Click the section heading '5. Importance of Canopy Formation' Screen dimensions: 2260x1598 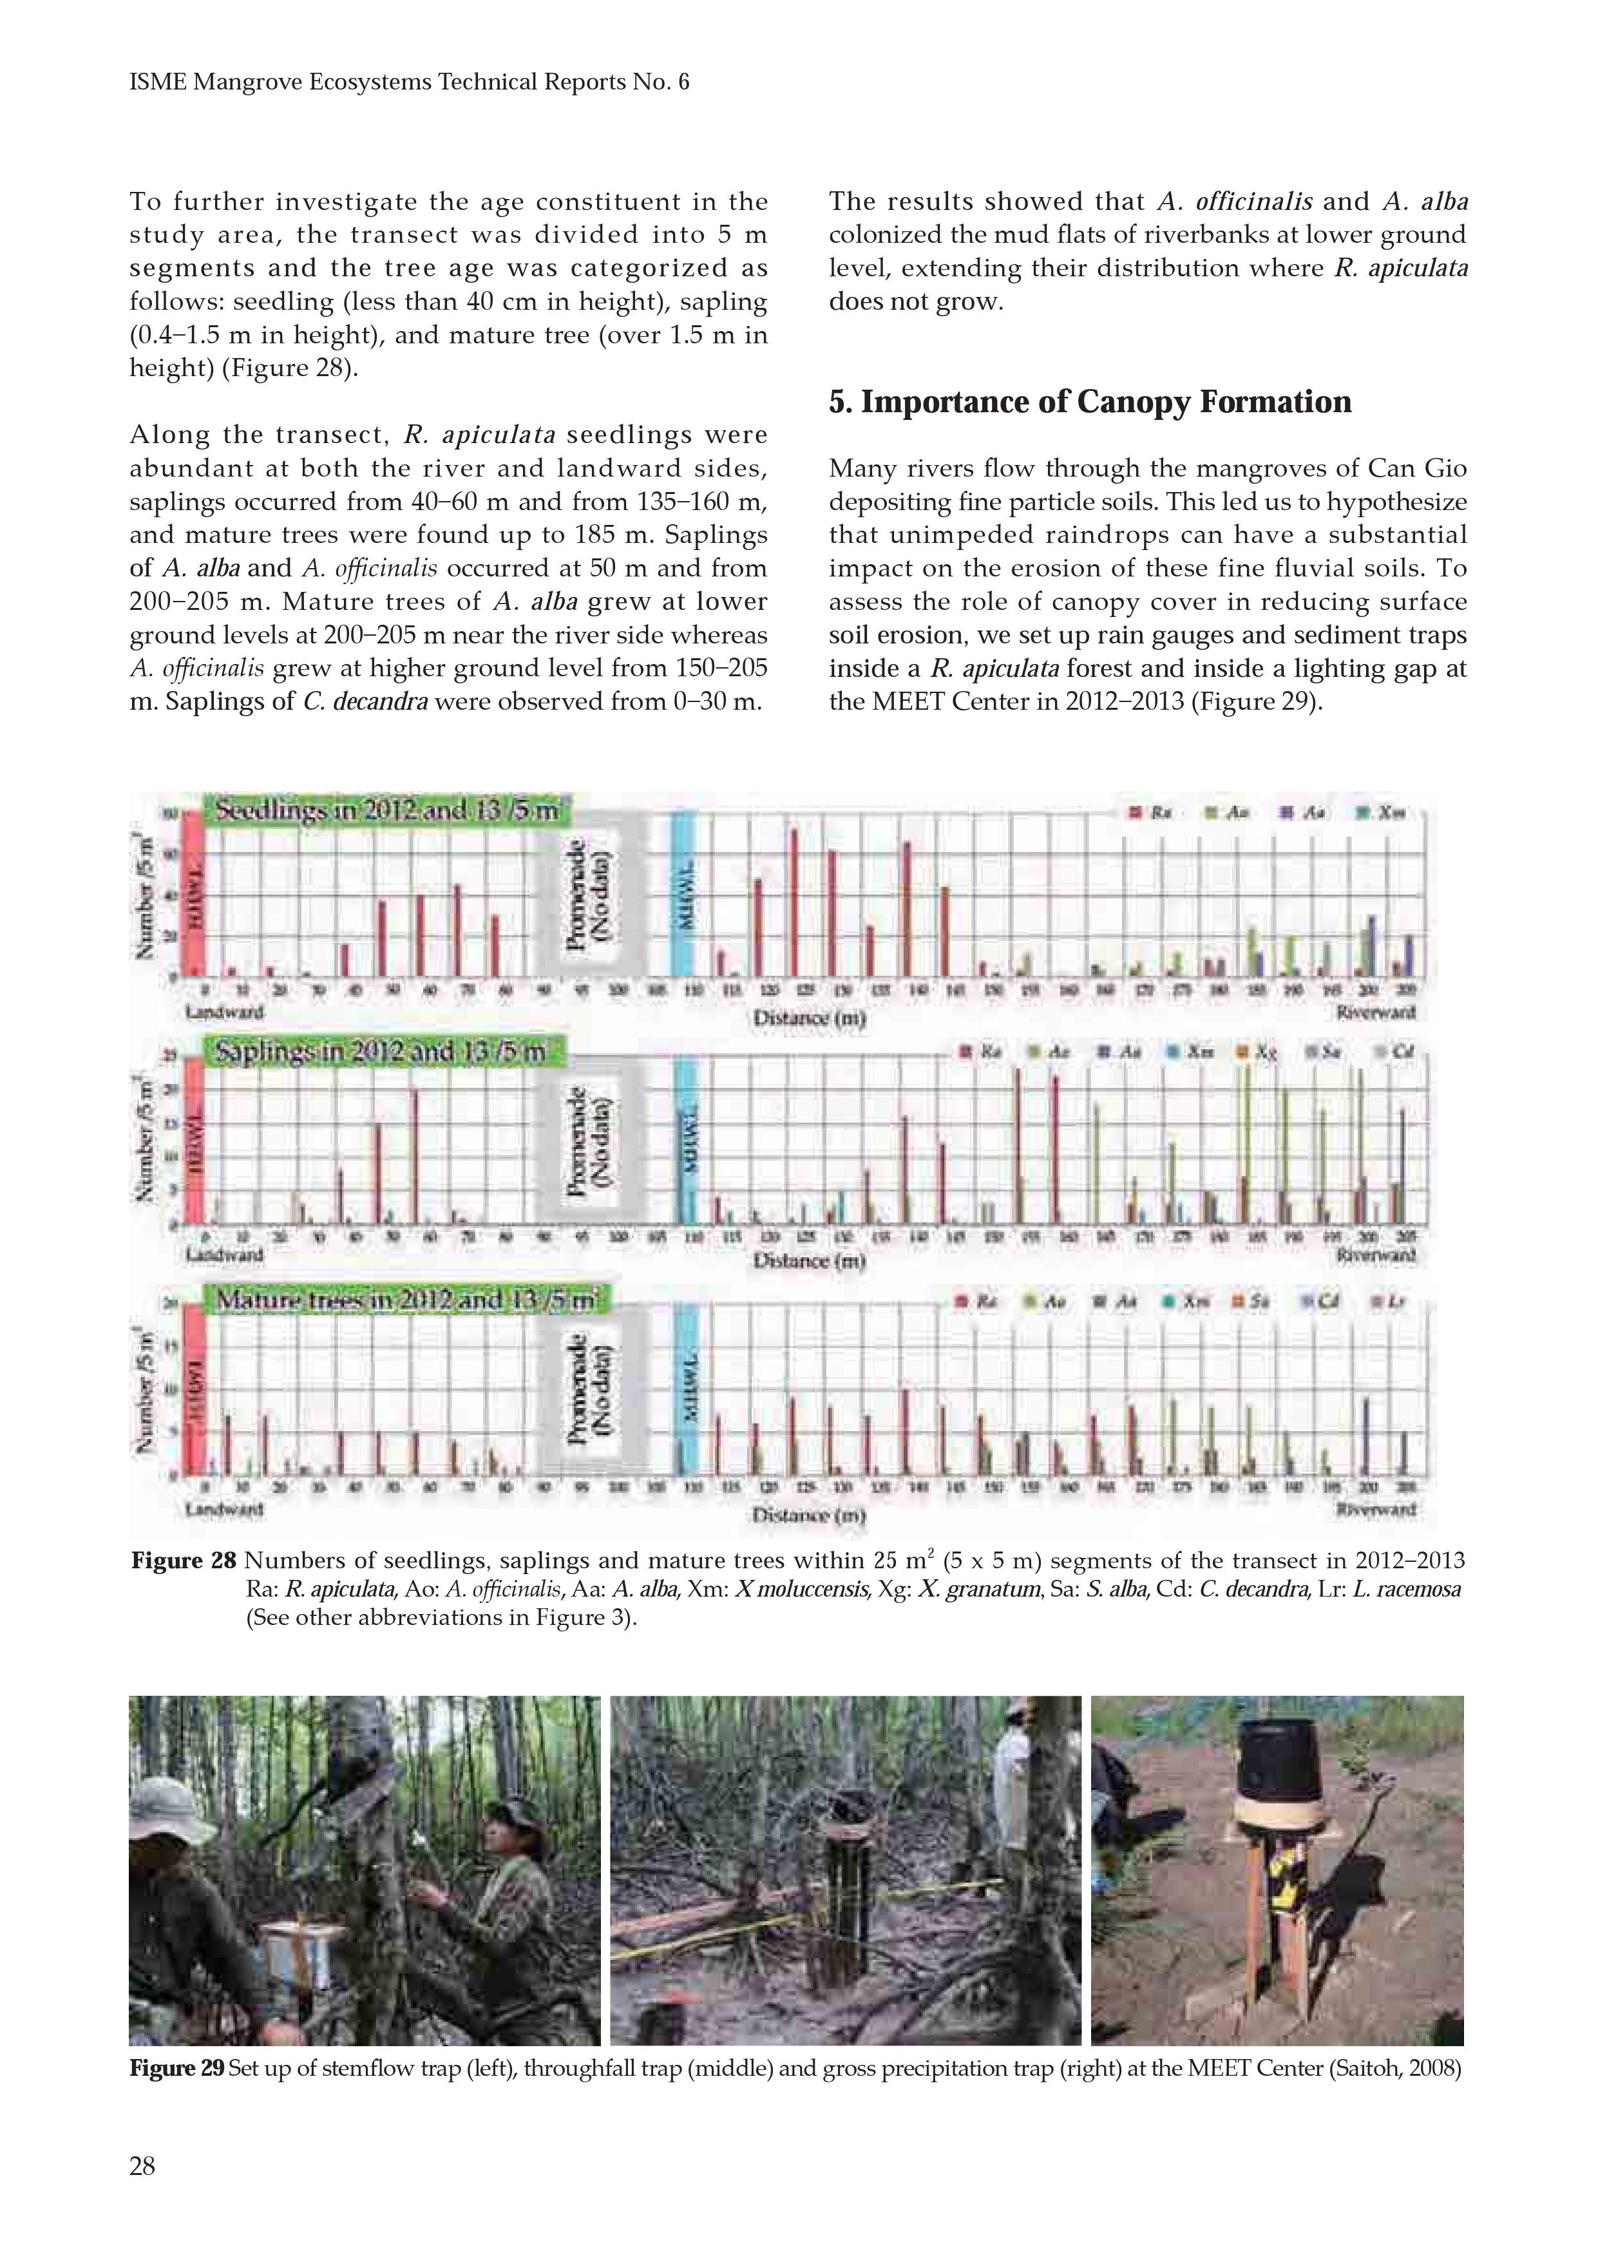(x=1090, y=402)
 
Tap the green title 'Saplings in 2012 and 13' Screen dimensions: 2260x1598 (x=380, y=1052)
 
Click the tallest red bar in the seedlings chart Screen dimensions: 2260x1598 (x=794, y=900)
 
